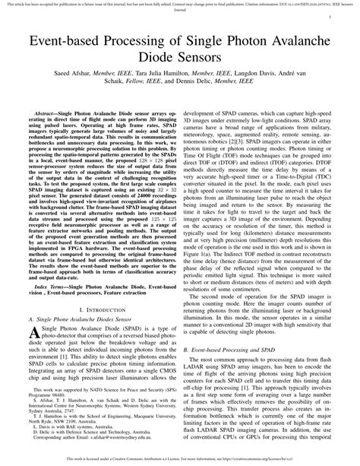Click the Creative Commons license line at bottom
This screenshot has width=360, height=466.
pos(180,459)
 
